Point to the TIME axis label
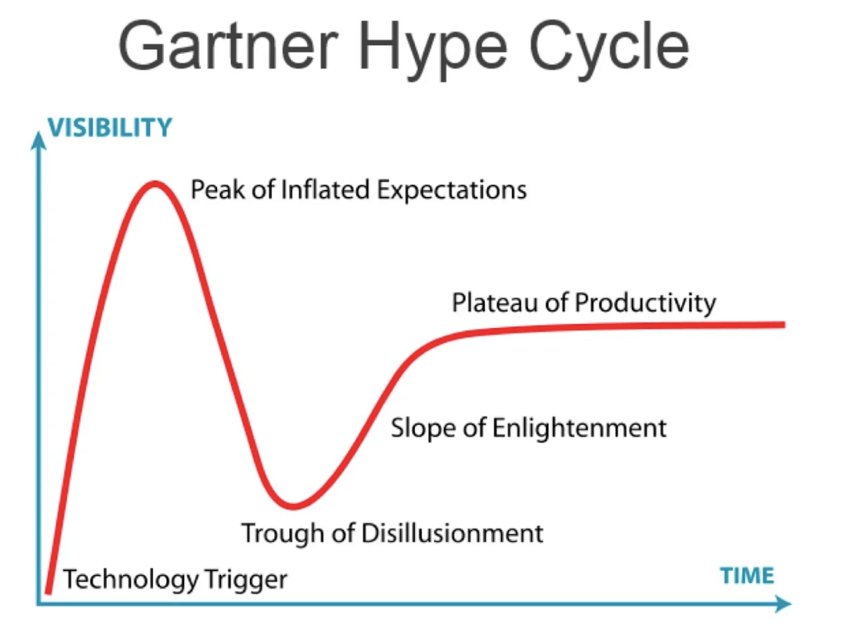(x=747, y=576)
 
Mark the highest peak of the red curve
(x=154, y=184)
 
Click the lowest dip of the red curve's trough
(x=293, y=506)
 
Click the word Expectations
(x=453, y=191)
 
